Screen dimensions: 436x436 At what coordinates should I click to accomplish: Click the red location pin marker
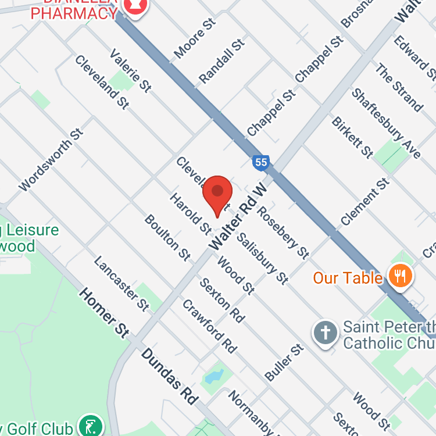coord(217,192)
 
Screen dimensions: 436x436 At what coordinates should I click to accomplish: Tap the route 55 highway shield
coord(261,162)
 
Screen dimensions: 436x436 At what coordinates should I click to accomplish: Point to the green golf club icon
coord(90,426)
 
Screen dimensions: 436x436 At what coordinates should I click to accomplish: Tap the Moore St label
coord(195,38)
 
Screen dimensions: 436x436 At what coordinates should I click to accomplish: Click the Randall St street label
coord(221,62)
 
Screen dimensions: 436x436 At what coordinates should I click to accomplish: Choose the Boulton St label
coord(167,237)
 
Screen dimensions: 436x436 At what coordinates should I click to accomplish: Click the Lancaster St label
coord(121,283)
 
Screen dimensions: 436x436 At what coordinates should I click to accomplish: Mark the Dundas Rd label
coord(171,377)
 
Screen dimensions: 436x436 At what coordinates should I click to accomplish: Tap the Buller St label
coord(284,363)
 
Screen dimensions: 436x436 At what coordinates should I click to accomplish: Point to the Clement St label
coord(365,202)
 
